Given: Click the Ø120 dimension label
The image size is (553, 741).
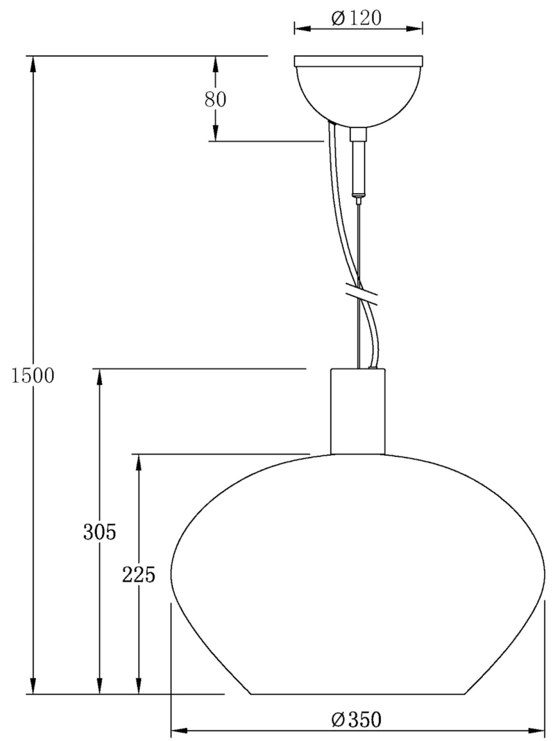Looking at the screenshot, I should tap(357, 18).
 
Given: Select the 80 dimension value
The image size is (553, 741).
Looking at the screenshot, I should tap(215, 99).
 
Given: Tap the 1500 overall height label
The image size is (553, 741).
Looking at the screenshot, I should tap(33, 376).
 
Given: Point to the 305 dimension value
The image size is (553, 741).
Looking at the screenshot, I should tap(100, 532).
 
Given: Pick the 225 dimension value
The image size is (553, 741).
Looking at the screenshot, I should tap(139, 575).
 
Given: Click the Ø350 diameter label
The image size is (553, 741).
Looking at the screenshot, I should tap(357, 720).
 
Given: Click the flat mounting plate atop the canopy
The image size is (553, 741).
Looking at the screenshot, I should tap(358, 61).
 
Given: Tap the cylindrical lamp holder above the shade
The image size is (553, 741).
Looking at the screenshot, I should tap(358, 411).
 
